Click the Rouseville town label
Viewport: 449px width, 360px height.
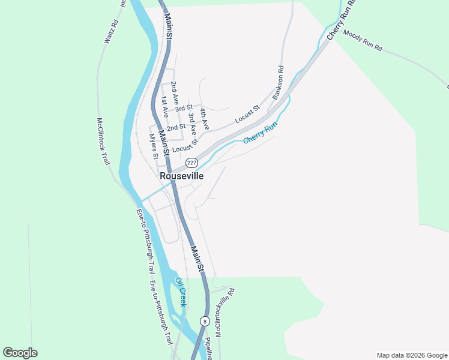point(181,176)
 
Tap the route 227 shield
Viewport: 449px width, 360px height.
point(191,163)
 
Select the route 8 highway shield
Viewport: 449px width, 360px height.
point(205,321)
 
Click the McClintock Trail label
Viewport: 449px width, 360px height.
point(104,142)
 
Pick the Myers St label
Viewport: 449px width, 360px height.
point(154,146)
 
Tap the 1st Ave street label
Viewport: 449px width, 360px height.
point(164,106)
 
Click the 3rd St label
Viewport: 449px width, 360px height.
point(184,108)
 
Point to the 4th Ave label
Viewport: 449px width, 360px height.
point(205,119)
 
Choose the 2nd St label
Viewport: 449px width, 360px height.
point(176,127)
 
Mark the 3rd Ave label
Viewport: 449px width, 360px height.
point(192,122)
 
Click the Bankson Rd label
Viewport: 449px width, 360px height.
point(277,83)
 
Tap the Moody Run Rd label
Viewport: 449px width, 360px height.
point(363,40)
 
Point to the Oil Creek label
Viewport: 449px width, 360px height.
point(181,292)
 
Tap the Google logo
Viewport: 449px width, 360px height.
point(20,353)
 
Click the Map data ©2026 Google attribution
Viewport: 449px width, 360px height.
point(412,355)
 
